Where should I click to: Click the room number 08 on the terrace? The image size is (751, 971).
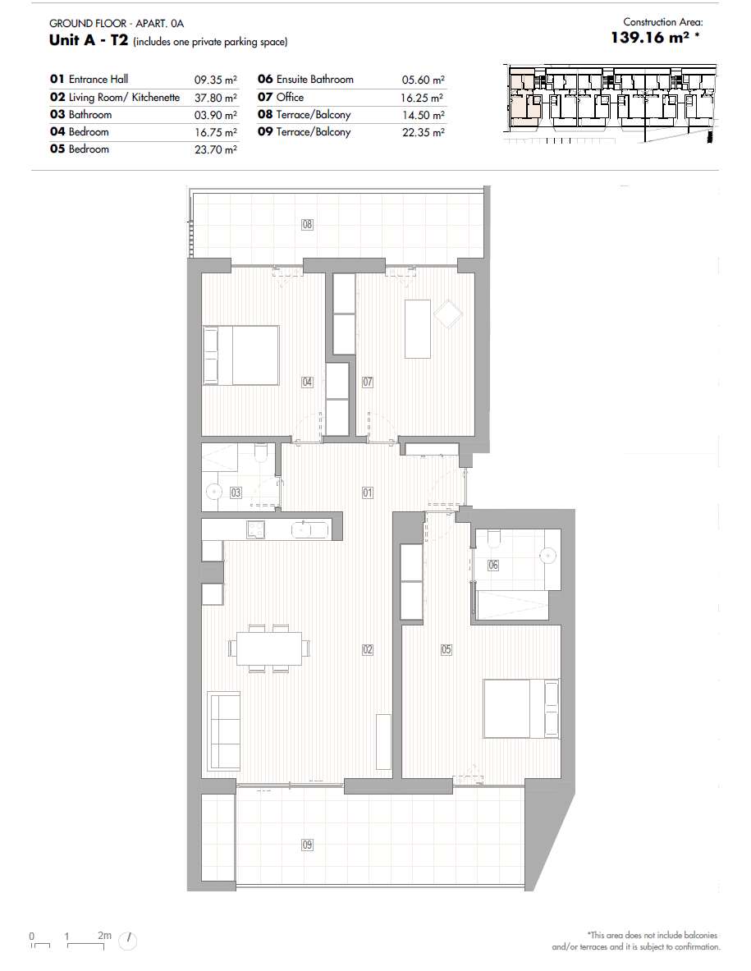307,224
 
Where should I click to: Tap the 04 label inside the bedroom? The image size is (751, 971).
307,382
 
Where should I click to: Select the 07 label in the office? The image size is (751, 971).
368,382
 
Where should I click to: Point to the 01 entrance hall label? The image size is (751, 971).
368,492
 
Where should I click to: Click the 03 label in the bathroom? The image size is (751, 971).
236,492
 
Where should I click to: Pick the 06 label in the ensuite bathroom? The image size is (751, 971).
492,565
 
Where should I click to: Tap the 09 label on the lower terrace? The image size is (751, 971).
307,845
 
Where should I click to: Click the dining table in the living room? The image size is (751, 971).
269,648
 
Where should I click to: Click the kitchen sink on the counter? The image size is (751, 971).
310,529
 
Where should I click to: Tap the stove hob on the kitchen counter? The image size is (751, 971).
256,529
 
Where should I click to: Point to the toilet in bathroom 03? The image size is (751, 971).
261,453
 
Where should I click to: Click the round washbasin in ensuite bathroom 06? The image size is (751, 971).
548,556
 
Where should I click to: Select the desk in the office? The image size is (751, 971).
417,329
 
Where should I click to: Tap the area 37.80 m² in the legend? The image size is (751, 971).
216,98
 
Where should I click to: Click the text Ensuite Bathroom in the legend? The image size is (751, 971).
315,80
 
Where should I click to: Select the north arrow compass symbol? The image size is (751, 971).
127,941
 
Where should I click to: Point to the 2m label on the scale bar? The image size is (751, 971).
104,935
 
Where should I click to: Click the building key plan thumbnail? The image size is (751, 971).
611,103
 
